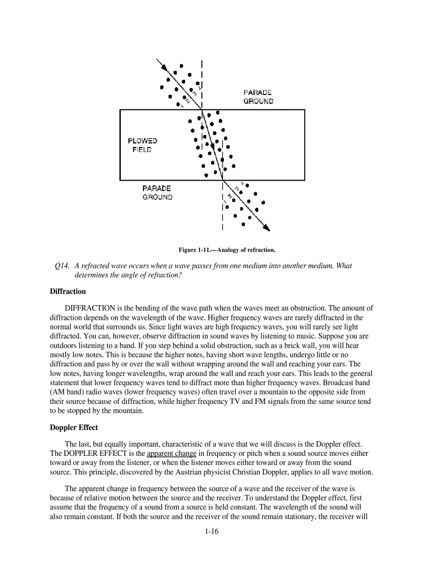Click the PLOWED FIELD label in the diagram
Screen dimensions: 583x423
(x=143, y=145)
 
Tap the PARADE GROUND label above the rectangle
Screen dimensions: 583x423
(x=258, y=97)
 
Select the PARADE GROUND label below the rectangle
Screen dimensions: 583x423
(x=157, y=193)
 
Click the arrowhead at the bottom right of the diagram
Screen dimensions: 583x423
(x=266, y=227)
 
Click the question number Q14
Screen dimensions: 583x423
(x=62, y=266)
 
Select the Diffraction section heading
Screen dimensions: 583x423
(x=68, y=291)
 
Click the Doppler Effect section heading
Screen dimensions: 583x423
(x=74, y=428)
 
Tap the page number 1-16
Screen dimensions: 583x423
(x=212, y=531)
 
